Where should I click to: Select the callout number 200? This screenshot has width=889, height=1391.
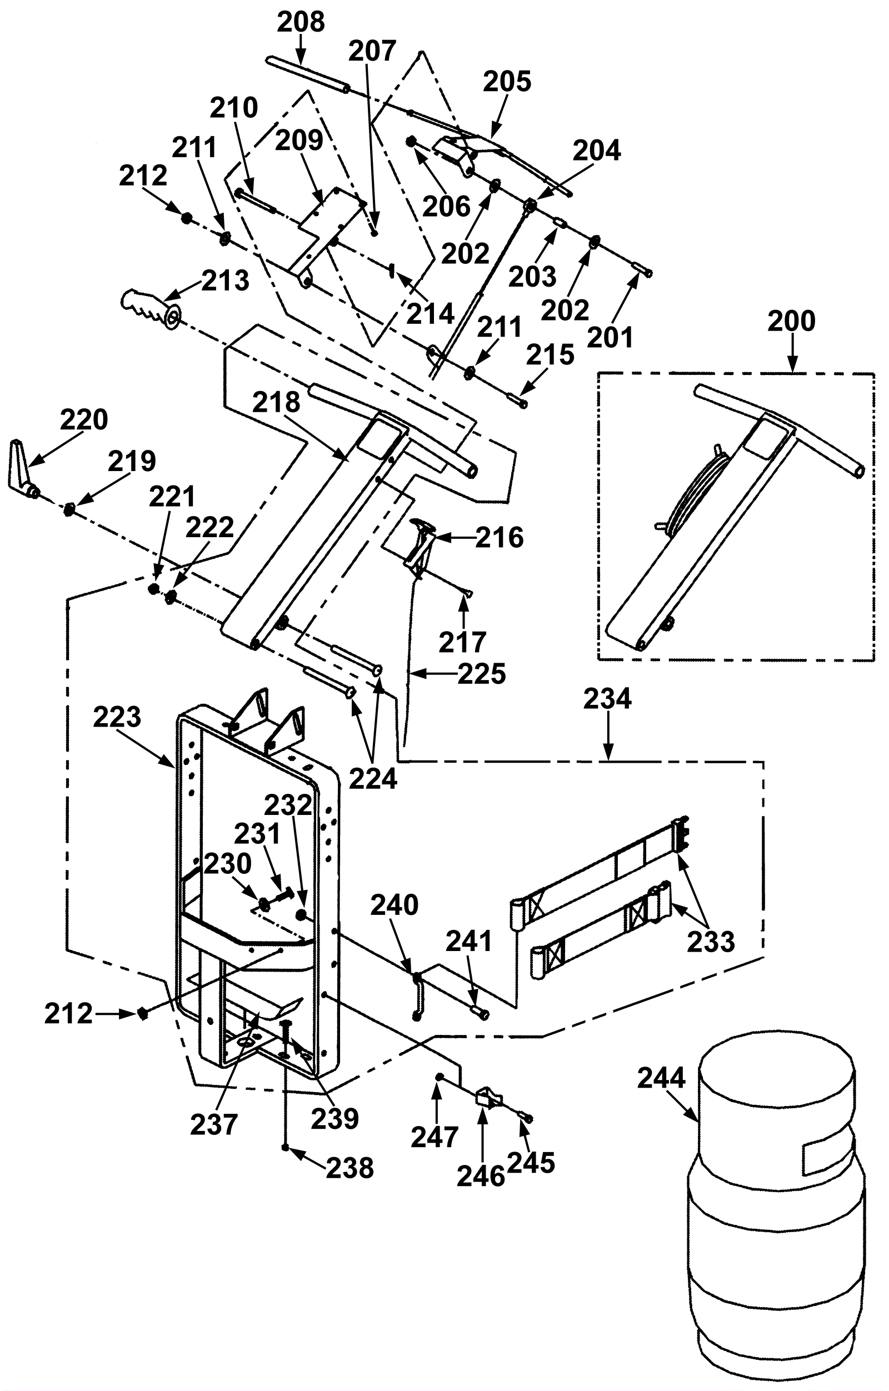click(x=791, y=321)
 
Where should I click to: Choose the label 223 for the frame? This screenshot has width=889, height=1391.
click(x=117, y=717)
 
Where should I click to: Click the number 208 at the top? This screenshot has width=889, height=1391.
click(x=301, y=22)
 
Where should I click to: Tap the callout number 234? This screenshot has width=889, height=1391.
click(x=607, y=699)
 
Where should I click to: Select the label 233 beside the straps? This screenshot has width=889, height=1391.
click(x=711, y=942)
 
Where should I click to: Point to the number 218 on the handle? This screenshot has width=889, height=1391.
click(x=277, y=402)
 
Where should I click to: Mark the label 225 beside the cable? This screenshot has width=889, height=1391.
click(x=482, y=673)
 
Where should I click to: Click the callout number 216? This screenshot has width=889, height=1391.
click(x=500, y=538)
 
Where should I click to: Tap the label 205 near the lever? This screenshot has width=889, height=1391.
click(x=507, y=82)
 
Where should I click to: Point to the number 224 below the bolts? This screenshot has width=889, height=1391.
click(x=373, y=779)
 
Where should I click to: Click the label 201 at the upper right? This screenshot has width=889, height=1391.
click(x=611, y=337)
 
